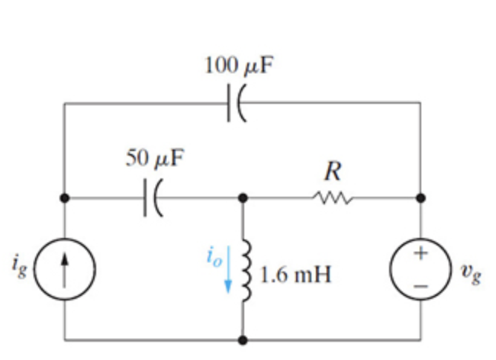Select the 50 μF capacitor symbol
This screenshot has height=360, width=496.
point(150,198)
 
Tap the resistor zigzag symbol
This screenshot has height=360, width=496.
point(332,198)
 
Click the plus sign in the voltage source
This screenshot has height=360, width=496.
point(420,254)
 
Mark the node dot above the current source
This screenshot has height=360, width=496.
point(65,198)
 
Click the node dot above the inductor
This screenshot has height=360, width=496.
point(243,198)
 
